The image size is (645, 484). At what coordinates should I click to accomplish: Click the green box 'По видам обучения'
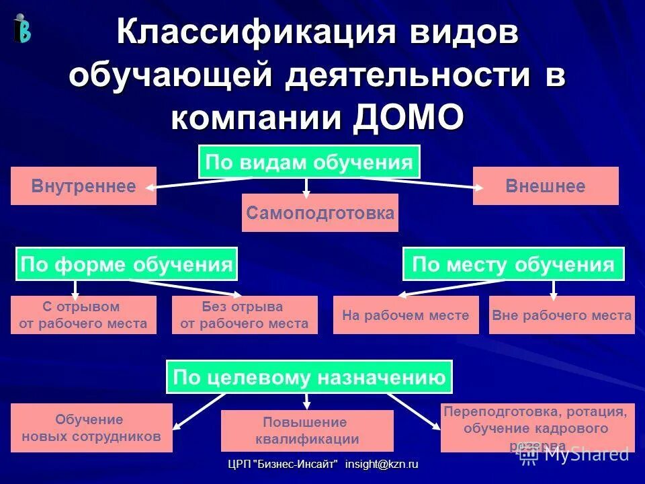click(309, 162)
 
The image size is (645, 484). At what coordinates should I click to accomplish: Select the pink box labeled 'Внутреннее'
click(83, 186)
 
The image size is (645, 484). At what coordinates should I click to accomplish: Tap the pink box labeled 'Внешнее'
click(546, 186)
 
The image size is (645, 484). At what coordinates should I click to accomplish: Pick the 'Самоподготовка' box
click(320, 213)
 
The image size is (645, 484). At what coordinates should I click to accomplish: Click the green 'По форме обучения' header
click(126, 264)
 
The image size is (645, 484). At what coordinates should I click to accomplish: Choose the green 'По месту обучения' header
click(513, 264)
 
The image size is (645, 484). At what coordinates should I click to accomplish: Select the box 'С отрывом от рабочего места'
click(83, 315)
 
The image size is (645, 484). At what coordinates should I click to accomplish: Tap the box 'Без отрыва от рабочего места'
click(245, 315)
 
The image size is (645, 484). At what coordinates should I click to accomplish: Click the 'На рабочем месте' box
click(406, 315)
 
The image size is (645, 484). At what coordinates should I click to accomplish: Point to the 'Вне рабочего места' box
click(562, 315)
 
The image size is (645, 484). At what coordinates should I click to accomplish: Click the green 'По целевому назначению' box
click(309, 377)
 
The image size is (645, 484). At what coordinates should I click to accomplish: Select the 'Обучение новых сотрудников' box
click(91, 428)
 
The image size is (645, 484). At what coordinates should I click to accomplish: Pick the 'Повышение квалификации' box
click(307, 431)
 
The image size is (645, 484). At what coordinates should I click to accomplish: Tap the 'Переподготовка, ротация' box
click(537, 428)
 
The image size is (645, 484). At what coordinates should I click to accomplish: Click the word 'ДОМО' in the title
click(408, 117)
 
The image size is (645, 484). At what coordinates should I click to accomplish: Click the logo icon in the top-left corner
click(21, 29)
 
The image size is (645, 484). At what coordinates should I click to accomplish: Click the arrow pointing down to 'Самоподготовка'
click(307, 188)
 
